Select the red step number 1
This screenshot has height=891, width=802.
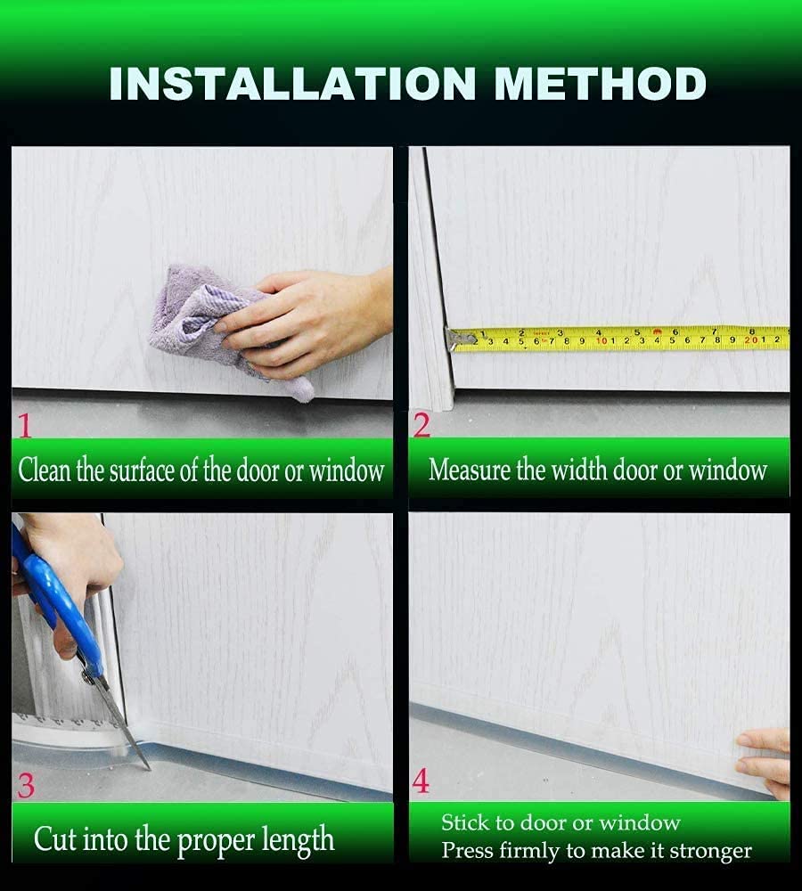tap(24, 426)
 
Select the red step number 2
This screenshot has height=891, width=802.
tap(421, 425)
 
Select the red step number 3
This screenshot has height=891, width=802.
tap(26, 785)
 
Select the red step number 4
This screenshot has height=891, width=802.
tap(421, 781)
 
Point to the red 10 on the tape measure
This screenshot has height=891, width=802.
tap(602, 340)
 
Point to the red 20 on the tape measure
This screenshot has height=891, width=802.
tap(753, 339)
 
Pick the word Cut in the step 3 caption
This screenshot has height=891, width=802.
tap(53, 838)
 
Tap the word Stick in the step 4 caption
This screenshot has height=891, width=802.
tap(465, 822)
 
